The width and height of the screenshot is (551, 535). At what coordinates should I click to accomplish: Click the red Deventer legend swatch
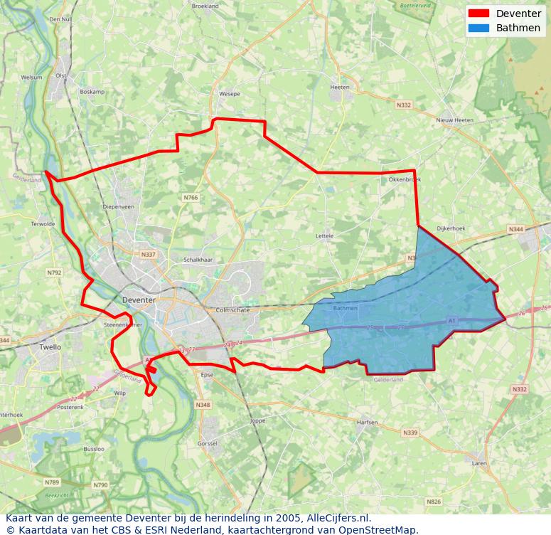click(x=479, y=14)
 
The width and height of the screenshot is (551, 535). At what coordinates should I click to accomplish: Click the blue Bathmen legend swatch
click(x=479, y=28)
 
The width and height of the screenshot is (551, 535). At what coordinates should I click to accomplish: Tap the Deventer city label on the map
click(x=139, y=300)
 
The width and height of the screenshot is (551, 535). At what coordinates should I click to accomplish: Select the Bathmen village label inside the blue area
click(x=346, y=309)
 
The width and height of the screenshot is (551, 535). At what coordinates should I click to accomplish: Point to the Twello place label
click(x=50, y=347)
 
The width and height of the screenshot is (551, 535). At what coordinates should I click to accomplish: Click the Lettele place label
click(x=324, y=235)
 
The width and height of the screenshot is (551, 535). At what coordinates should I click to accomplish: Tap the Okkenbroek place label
click(x=405, y=180)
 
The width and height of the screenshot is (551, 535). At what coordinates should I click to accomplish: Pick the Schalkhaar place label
click(x=198, y=260)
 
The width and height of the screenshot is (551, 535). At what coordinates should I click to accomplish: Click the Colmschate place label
click(x=230, y=310)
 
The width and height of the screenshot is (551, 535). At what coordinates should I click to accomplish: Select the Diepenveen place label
click(x=118, y=207)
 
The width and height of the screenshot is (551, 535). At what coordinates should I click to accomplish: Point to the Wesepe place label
click(x=230, y=94)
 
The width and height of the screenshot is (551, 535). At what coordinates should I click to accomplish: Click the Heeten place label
click(x=340, y=88)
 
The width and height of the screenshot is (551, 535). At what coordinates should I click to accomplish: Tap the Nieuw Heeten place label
click(x=455, y=121)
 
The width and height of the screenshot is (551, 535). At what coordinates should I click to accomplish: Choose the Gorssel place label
click(x=208, y=443)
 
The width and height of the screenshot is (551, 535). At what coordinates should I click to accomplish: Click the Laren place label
click(x=479, y=463)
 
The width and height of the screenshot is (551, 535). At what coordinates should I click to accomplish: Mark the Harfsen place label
click(x=367, y=422)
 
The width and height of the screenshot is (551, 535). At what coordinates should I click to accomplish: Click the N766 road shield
click(x=191, y=198)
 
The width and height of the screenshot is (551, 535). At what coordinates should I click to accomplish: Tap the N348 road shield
click(x=203, y=405)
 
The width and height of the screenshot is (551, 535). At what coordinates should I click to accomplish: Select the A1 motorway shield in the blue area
click(x=451, y=322)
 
